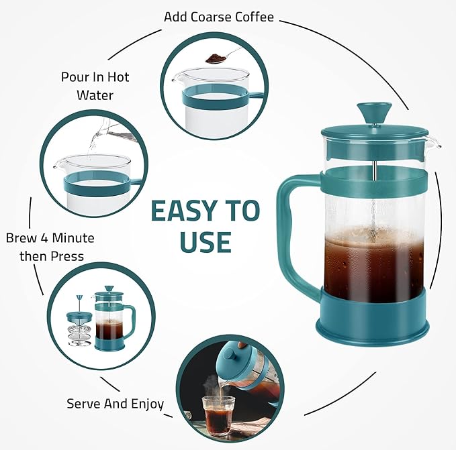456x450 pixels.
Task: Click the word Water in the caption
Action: point(95,95)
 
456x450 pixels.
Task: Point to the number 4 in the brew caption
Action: point(44,238)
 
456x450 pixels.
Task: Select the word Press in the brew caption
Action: point(67,256)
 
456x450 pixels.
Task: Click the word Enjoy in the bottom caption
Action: point(147,404)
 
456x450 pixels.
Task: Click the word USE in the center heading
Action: point(206,241)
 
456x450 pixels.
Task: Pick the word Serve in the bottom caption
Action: point(83,404)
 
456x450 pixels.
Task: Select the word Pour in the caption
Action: point(74,77)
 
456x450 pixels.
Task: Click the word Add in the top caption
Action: point(176,17)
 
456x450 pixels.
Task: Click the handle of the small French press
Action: point(130,321)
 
